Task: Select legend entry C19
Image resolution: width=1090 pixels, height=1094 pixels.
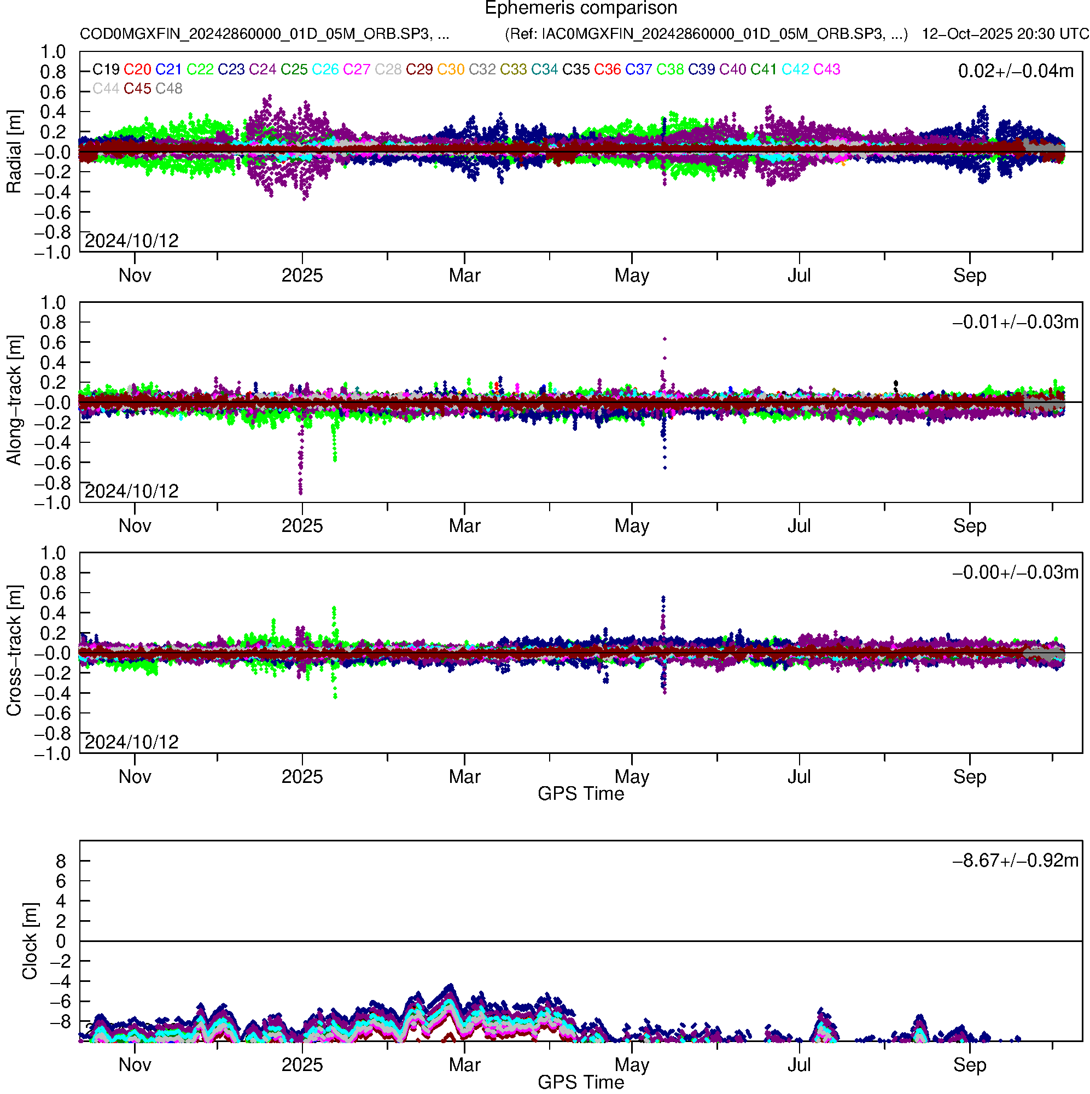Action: [106, 69]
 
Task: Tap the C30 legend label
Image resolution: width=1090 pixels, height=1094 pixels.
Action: [451, 69]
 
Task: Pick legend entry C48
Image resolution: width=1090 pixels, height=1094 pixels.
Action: [169, 89]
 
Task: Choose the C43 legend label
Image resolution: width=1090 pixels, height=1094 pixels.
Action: [826, 69]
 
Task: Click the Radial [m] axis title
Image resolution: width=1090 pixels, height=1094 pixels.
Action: [14, 152]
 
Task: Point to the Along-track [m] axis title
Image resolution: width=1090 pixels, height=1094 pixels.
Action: [14, 400]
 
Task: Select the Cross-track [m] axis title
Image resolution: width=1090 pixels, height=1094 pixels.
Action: [14, 651]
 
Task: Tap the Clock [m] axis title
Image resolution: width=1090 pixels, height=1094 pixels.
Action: [30, 941]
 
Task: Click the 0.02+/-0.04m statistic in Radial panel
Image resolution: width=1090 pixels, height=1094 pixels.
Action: [1016, 71]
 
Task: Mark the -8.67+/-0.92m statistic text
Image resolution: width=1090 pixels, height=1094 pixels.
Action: [1015, 861]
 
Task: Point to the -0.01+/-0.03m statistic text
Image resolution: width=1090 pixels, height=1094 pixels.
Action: [1015, 322]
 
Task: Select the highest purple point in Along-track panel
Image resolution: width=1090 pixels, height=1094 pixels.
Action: [665, 339]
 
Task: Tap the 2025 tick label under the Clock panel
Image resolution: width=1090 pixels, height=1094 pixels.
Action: [302, 1065]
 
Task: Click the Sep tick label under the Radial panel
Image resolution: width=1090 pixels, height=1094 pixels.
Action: [969, 276]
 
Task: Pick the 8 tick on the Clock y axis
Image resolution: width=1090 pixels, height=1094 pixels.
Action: [61, 861]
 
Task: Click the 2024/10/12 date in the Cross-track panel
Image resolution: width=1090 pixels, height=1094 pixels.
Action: [131, 742]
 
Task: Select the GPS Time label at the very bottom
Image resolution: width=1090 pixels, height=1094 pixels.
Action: [581, 1083]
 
